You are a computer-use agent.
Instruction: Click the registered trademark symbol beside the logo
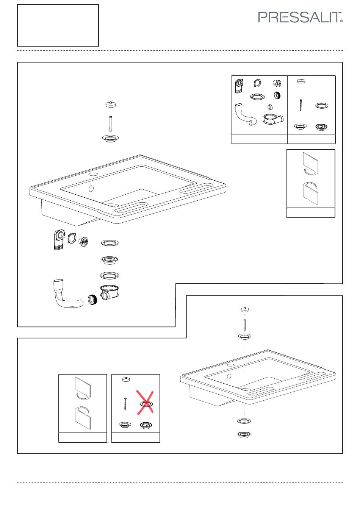341,21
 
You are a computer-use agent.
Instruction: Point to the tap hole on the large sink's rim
93,175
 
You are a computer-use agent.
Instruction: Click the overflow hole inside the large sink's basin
91,188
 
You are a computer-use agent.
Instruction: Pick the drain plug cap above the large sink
111,104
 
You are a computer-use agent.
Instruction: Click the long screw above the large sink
111,123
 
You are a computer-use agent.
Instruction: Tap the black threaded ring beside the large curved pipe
92,300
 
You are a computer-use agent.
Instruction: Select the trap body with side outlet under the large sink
110,293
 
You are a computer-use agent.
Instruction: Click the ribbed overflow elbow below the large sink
59,240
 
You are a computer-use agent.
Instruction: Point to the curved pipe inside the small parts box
245,115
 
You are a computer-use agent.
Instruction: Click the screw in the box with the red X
125,403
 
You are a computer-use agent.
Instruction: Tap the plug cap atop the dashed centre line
245,309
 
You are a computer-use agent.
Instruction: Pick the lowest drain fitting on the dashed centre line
244,434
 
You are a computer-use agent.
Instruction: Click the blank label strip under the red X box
136,437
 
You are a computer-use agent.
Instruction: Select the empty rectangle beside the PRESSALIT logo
58,25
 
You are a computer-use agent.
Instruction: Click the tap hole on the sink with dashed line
231,365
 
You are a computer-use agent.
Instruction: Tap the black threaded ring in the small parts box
277,95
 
